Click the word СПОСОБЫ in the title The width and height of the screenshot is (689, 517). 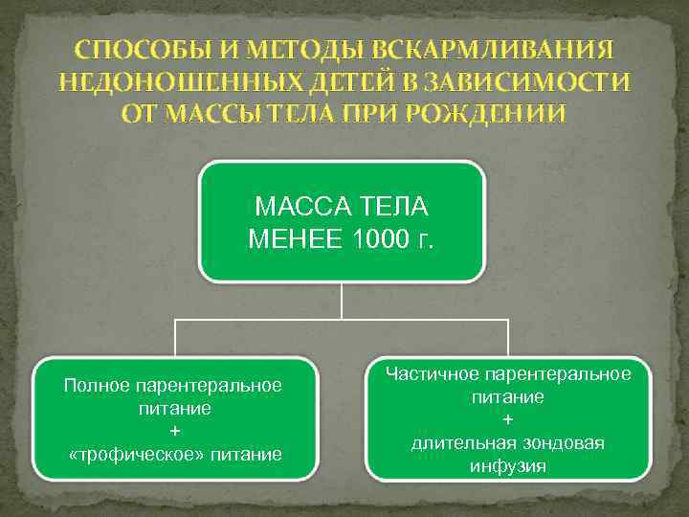tap(128, 49)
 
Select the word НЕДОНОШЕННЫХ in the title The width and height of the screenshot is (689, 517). tap(156, 81)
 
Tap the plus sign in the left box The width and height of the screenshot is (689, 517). tap(173, 431)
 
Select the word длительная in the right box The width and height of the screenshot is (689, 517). tap(463, 443)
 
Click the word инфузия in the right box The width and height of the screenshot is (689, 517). tap(507, 466)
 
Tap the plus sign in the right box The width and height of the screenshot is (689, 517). tap(507, 419)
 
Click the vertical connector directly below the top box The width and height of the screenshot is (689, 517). tap(342, 300)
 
